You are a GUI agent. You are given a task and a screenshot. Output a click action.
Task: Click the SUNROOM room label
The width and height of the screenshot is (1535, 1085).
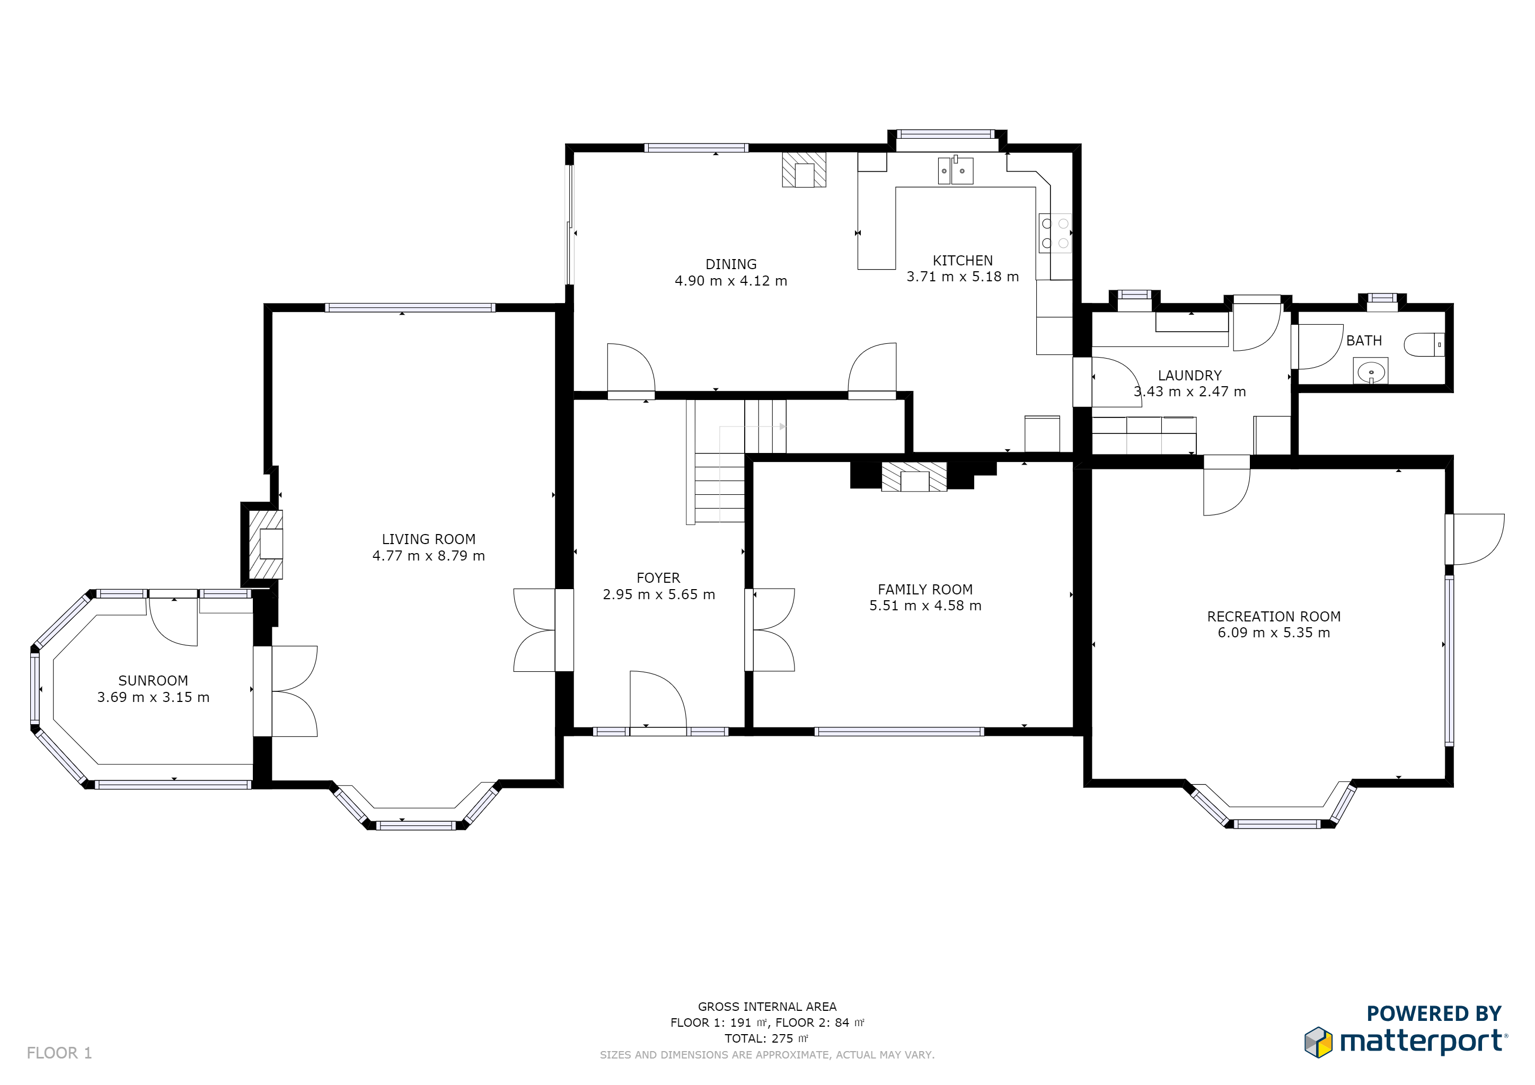coord(153,680)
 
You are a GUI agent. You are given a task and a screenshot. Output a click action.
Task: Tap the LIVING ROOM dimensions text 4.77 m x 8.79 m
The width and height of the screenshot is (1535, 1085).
coord(429,556)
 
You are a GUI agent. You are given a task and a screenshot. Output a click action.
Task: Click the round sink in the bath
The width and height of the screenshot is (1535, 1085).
coord(1371,371)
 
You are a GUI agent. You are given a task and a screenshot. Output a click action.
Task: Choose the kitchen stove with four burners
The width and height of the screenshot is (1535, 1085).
coord(1055,233)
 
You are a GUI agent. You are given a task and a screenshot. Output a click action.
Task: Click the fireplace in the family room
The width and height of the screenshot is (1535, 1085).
coord(914,477)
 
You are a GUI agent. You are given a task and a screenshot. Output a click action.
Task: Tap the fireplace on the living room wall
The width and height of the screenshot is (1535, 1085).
coord(266,544)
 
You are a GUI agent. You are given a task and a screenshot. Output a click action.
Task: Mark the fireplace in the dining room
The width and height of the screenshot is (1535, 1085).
coord(804,170)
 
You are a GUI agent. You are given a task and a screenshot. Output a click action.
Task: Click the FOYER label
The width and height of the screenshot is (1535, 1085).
coord(658,578)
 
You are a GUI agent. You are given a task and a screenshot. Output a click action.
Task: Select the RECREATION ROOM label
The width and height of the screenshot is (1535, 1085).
coord(1274,617)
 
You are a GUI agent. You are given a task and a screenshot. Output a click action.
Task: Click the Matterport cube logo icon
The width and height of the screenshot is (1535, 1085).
coord(1318,1042)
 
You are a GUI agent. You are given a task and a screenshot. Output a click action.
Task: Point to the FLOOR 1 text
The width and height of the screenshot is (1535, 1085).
coord(59,1053)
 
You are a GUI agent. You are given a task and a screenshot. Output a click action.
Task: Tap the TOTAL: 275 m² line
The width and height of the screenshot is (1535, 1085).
coord(767,1038)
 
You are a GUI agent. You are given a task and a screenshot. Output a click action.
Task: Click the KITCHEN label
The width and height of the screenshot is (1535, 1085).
coord(963,261)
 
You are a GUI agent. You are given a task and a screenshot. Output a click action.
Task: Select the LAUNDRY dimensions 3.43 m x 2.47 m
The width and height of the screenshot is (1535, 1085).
coord(1190,392)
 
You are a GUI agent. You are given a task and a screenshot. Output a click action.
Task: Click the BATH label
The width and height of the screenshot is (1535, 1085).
coord(1364,341)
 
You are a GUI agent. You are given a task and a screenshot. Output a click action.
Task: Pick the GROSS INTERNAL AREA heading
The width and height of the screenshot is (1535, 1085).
coord(767,1006)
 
